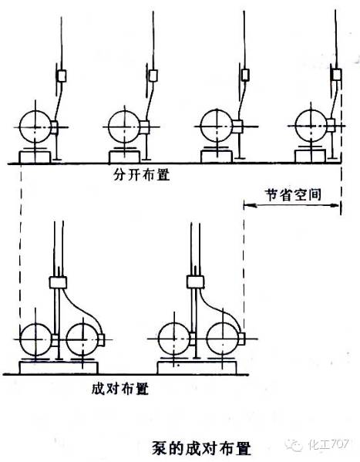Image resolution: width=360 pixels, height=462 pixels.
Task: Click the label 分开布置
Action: pos(142,175)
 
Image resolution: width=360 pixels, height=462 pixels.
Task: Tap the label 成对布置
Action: pos(120,389)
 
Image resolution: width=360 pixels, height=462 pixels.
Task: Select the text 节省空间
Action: pos(292,194)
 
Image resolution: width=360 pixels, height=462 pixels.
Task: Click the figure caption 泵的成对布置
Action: pos(201,448)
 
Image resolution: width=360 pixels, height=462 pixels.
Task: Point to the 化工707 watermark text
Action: pos(328,443)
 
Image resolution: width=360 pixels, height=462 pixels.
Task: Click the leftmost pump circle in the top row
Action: pos(35,126)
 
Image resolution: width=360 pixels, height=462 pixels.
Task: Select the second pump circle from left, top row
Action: pos(124,126)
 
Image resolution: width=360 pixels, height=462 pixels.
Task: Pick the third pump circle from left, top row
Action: pos(217,126)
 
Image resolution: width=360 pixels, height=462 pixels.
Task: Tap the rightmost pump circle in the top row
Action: pos(311,126)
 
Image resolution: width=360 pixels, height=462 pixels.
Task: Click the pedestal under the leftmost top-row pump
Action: pos(35,157)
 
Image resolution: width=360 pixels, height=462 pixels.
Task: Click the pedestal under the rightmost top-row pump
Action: pos(311,156)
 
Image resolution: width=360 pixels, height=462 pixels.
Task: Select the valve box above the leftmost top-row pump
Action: pos(62,76)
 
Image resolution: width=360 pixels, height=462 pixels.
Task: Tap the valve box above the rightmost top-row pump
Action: pos(337,75)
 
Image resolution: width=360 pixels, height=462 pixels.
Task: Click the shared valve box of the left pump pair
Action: pos(58,282)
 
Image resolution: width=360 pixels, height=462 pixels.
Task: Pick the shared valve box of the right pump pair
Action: pos(196,282)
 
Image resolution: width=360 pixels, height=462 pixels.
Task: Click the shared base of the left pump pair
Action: pos(59,368)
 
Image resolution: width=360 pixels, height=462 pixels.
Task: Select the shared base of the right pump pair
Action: pos(197,368)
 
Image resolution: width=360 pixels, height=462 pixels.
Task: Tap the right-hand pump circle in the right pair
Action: pos(223,339)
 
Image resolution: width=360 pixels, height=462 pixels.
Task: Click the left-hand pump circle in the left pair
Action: pos(36,339)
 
